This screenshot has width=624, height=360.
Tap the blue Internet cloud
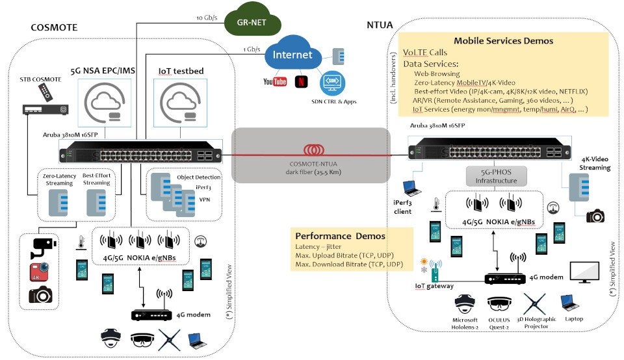point(292,56)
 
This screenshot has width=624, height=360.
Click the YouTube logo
point(275,81)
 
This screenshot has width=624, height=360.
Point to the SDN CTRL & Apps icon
point(331,84)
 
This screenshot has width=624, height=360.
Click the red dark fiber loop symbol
point(312,150)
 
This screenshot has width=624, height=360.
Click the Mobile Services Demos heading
point(503,40)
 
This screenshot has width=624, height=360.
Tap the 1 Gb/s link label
point(252,49)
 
